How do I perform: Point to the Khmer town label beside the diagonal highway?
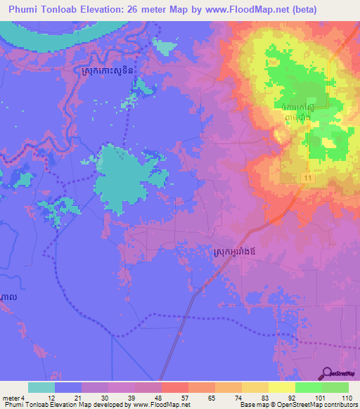pos(244,250)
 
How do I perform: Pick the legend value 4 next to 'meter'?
pos(23,398)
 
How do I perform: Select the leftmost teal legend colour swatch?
pos(41,387)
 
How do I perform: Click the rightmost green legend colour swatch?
pos(335,387)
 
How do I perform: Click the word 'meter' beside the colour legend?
pos(10,398)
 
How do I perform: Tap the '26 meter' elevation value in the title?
pos(158,10)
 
